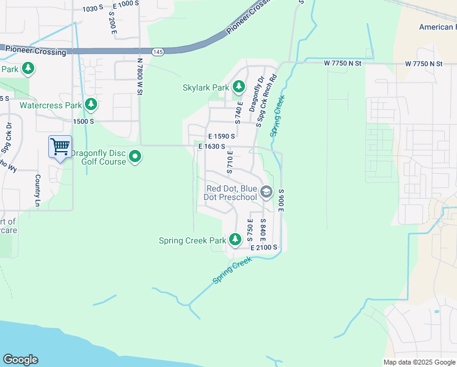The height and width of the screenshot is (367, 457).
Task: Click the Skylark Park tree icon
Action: pos(239,87)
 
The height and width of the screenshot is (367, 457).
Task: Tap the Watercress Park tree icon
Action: pos(91,105)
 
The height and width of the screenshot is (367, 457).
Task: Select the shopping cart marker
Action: pos(60,147)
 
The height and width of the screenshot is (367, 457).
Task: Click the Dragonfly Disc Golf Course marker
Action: pos(136,157)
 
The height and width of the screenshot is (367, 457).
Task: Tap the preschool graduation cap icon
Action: pos(266,192)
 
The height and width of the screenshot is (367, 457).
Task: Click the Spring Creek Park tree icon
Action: pos(235,240)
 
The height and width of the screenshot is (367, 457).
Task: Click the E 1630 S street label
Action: pos(212,147)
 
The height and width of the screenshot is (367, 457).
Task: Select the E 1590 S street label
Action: pos(221,136)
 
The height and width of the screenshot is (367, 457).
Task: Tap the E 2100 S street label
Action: pos(264,247)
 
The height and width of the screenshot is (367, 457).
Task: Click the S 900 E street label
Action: pos(281,201)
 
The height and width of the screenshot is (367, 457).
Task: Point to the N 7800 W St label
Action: pos(139,76)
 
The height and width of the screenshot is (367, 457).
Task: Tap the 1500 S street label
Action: pos(82,122)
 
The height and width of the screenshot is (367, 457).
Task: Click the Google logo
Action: pos(20,360)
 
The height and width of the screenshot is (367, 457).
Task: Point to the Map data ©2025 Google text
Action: pos(419,362)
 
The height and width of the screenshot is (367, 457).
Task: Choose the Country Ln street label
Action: pos(38,189)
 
